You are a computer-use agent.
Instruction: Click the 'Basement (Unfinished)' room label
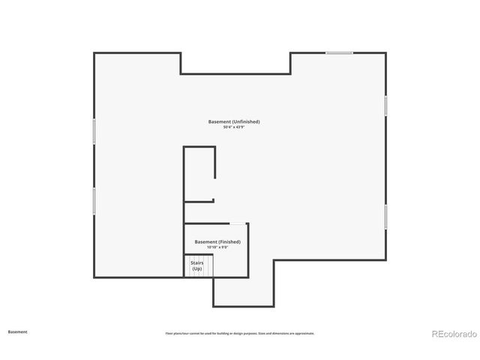click(x=234, y=121)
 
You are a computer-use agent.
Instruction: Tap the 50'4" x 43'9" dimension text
click(x=234, y=127)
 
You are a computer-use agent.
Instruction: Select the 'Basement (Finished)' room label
click(x=217, y=241)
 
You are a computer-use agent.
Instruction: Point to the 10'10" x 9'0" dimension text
click(x=217, y=247)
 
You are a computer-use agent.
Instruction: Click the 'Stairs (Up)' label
click(x=197, y=265)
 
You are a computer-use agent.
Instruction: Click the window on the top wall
click(x=339, y=52)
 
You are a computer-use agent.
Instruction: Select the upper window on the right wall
click(x=385, y=106)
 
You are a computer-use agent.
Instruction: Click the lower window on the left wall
click(x=94, y=200)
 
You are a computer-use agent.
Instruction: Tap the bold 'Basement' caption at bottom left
click(x=17, y=331)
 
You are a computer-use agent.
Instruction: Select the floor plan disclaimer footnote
click(x=240, y=333)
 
